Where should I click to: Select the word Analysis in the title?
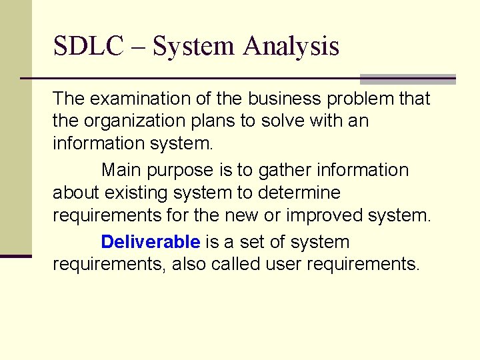pyautogui.click(x=291, y=47)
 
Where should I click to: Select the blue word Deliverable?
pyautogui.click(x=150, y=241)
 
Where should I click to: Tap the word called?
pyautogui.click(x=237, y=265)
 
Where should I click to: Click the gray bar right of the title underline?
pyautogui.click(x=407, y=79)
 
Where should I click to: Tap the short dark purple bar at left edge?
pyautogui.click(x=16, y=255)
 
